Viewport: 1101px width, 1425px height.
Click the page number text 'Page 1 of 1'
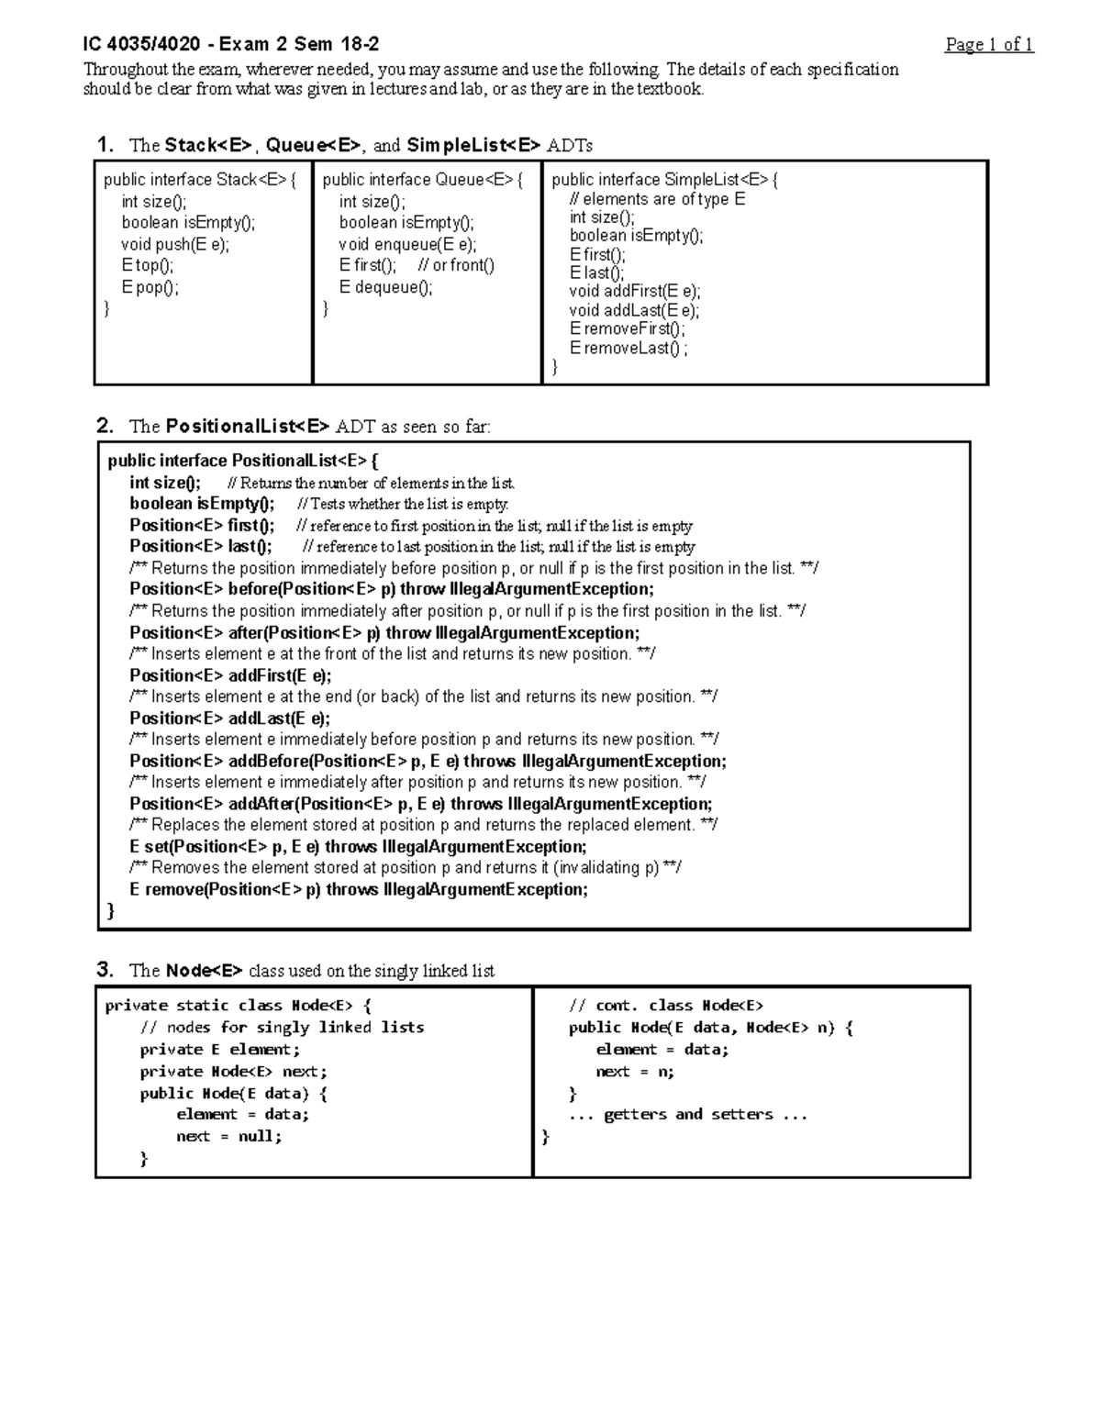[989, 45]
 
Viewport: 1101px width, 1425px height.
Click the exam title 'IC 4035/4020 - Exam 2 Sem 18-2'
[230, 44]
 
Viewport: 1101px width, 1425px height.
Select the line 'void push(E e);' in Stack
[175, 244]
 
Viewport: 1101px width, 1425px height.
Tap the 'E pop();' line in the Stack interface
[150, 287]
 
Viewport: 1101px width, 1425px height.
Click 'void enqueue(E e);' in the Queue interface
[407, 244]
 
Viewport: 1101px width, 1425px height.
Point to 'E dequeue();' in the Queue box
[385, 287]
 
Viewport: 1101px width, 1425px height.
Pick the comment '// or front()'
[456, 265]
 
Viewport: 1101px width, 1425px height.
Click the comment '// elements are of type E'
[657, 199]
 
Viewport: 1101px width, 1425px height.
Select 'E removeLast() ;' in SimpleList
[628, 348]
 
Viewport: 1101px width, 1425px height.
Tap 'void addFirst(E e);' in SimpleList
[635, 292]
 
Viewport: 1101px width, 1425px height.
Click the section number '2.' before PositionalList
[106, 426]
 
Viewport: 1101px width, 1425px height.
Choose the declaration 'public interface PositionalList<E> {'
[243, 461]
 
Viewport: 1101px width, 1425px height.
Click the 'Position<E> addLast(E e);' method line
[229, 718]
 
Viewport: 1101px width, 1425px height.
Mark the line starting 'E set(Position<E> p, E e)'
[358, 847]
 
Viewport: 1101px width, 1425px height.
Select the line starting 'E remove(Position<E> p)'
[359, 889]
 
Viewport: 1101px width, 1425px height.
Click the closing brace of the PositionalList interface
[112, 910]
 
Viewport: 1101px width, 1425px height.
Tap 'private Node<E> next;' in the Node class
[233, 1071]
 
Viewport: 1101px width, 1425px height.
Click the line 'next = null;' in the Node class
[228, 1136]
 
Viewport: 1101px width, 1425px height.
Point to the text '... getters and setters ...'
[687, 1114]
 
